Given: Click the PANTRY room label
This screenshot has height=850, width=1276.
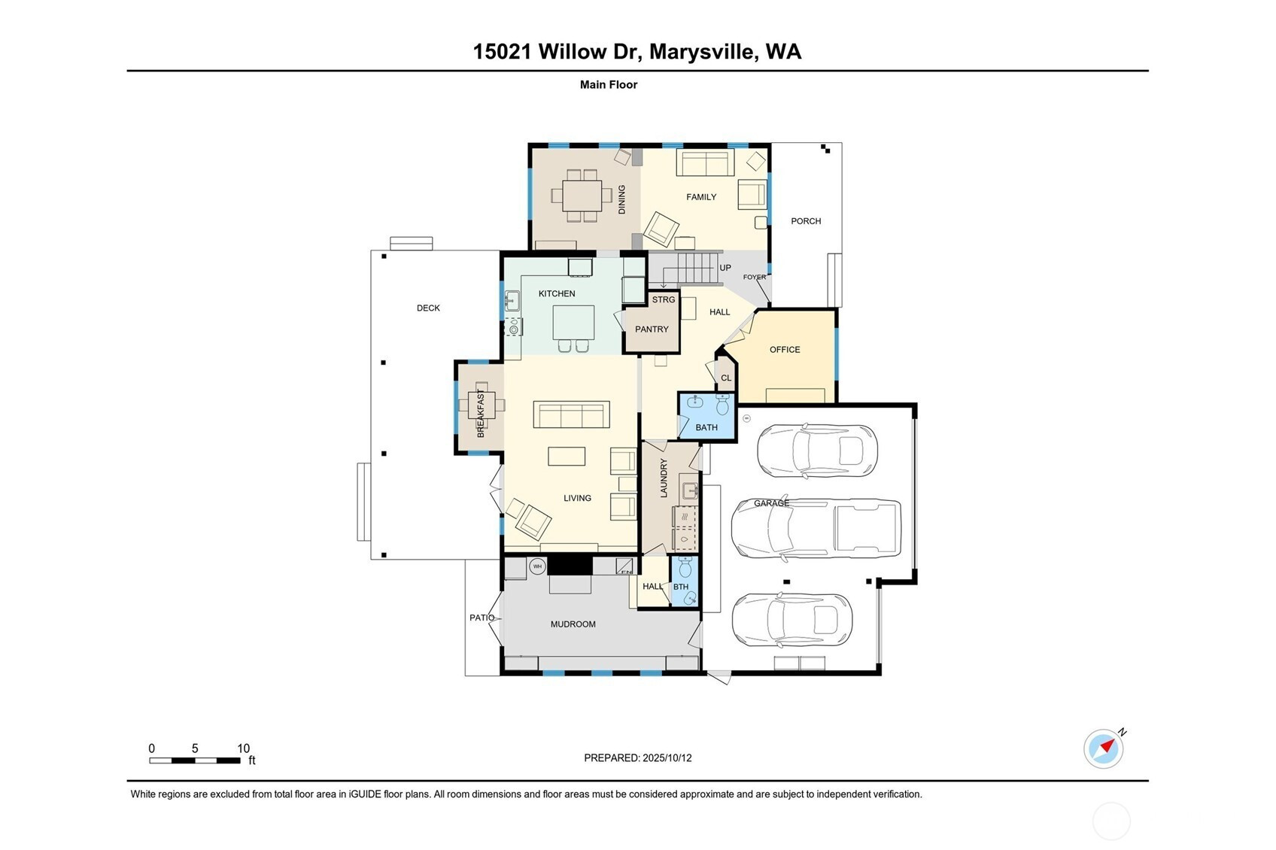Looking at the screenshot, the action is (652, 329).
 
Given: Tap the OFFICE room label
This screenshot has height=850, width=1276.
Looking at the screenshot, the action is (785, 350).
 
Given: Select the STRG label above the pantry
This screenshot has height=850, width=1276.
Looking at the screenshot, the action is (664, 299).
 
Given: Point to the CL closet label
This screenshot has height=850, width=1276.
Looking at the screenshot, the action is (726, 378).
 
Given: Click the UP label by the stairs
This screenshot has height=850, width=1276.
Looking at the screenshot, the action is (725, 268).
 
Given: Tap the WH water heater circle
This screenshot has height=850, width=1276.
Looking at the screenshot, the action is (537, 566).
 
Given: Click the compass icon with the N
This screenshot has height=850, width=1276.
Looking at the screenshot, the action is (1104, 748).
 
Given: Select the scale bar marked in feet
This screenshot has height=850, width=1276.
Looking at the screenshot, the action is (195, 760).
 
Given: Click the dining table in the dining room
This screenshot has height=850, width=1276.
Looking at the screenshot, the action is (582, 196).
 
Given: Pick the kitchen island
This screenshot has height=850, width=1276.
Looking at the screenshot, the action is (573, 323).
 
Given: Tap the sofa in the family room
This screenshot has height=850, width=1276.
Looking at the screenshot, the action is (705, 162).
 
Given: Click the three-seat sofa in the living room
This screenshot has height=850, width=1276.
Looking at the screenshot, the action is (571, 414).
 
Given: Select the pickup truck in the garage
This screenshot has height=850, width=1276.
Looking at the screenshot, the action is (816, 528).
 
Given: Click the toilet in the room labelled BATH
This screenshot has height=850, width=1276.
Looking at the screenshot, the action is (722, 405).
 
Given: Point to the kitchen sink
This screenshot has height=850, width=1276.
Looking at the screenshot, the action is (512, 300).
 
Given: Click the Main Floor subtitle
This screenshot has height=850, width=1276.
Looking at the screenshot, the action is (609, 85).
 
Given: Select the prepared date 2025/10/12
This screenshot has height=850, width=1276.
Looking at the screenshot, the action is (667, 757).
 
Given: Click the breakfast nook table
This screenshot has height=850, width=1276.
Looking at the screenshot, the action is (481, 405).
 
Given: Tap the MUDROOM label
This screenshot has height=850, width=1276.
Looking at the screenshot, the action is (573, 624).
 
